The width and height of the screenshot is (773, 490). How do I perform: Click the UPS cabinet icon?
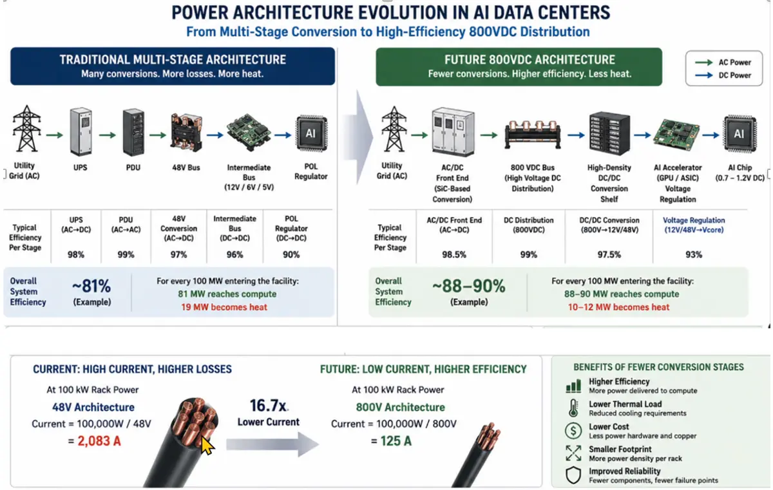(x=81, y=132)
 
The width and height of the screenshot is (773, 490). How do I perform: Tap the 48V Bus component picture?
(x=186, y=133)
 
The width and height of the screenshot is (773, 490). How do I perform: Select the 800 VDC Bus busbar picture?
(x=533, y=135)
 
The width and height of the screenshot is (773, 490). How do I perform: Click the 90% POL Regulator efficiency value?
(x=291, y=255)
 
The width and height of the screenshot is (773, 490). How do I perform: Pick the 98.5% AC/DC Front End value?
(x=453, y=255)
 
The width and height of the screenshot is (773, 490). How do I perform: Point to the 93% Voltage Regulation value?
(x=694, y=255)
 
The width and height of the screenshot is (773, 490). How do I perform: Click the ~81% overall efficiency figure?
(x=91, y=286)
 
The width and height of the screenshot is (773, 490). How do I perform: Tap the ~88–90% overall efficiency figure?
(x=469, y=286)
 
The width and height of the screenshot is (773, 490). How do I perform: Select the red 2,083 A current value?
(x=99, y=441)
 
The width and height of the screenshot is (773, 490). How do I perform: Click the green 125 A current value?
(x=396, y=441)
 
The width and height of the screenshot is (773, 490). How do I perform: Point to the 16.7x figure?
(x=268, y=406)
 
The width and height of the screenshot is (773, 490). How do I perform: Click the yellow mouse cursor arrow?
(x=207, y=446)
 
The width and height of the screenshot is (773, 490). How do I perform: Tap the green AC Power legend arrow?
(x=703, y=62)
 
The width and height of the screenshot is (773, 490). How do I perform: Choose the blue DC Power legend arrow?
(x=703, y=75)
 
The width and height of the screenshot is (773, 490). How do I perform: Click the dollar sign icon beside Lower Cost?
(x=573, y=431)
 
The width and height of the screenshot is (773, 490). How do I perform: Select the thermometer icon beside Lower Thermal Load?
(x=573, y=408)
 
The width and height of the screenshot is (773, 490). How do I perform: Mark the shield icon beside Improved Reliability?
(x=573, y=475)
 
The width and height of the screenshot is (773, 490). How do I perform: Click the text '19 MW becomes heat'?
(x=224, y=307)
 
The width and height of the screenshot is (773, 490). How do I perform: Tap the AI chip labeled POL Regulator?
(x=311, y=133)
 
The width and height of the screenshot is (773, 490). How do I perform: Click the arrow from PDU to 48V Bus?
(x=158, y=135)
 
